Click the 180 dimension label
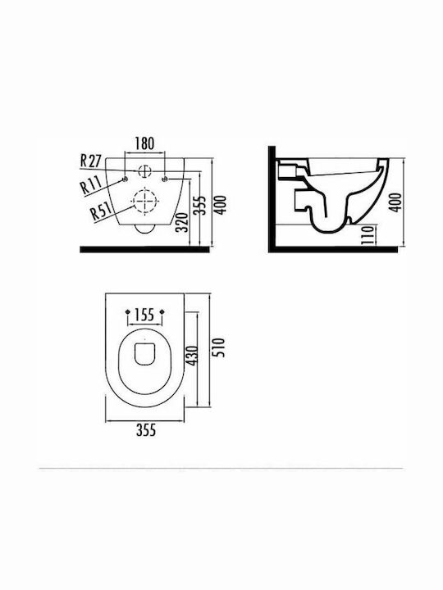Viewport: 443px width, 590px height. coord(144,143)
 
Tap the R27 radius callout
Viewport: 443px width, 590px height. coord(91,161)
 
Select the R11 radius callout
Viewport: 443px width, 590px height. coord(91,184)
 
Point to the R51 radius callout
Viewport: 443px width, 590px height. coord(101,212)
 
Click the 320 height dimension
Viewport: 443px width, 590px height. coord(182,222)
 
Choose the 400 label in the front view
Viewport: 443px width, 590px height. coord(221,205)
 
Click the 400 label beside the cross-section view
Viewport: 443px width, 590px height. coord(395,202)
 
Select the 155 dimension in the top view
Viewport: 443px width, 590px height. coord(145,314)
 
